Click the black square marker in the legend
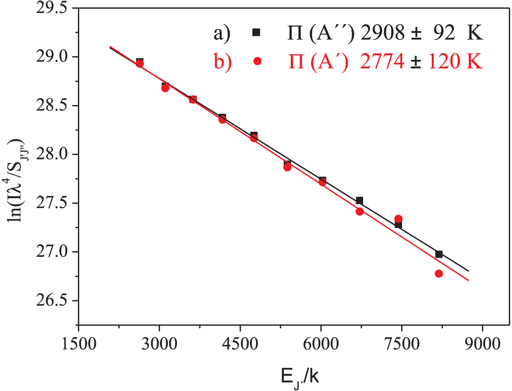click(x=256, y=32)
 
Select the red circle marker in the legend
click(x=258, y=61)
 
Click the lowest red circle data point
click(x=439, y=274)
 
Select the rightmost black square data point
click(x=439, y=254)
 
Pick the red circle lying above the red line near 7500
click(x=398, y=219)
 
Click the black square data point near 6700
click(x=359, y=201)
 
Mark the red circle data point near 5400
click(x=287, y=167)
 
